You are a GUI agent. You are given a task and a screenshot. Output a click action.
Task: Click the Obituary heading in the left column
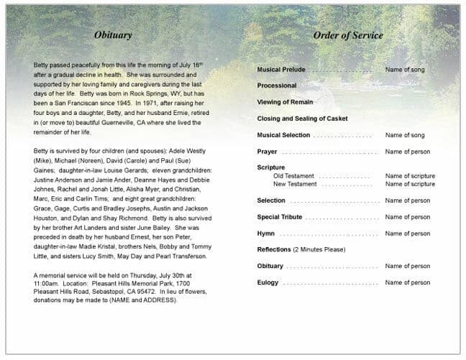[113, 34]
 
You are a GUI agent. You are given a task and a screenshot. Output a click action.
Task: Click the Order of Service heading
[348, 35]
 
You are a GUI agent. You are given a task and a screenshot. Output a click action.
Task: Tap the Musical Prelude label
[281, 70]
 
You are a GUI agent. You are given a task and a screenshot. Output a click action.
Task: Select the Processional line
[277, 86]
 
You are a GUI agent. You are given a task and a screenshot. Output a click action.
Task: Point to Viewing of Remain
[285, 102]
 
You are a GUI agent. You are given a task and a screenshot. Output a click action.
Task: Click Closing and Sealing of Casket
[302, 119]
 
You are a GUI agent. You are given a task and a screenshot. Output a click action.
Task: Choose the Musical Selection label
[283, 135]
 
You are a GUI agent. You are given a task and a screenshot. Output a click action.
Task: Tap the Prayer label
[267, 152]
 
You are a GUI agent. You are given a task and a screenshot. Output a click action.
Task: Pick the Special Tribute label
[280, 217]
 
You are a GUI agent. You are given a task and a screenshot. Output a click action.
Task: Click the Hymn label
[266, 234]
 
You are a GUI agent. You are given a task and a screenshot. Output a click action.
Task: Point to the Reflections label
[274, 249]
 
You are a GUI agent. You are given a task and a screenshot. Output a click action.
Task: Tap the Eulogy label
[268, 282]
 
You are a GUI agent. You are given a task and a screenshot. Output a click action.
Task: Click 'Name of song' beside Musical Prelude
[405, 70]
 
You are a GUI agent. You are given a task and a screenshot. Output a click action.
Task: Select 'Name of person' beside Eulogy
[407, 282]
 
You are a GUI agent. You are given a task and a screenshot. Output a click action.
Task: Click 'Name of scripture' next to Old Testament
[410, 176]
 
